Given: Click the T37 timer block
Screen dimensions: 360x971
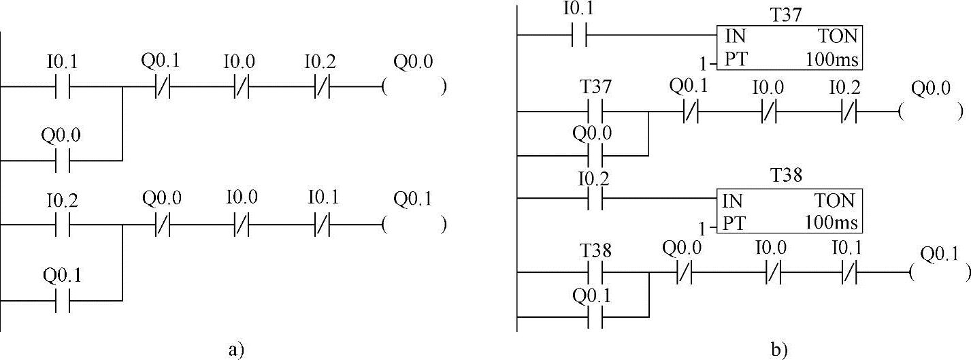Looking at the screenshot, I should click(x=789, y=48).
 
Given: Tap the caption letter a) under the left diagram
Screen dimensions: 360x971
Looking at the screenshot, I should click(x=235, y=350).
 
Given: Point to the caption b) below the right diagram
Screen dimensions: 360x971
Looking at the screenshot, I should click(x=780, y=350).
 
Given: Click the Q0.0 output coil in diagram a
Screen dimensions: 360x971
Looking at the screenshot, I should click(x=414, y=88).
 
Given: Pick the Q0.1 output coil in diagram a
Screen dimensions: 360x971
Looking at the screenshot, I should click(x=414, y=224).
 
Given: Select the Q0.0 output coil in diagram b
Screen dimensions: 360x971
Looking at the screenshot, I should click(x=930, y=112).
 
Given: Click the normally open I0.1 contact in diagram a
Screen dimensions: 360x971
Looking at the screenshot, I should click(x=62, y=88).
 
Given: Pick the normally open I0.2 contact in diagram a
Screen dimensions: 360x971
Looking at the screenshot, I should click(x=62, y=224).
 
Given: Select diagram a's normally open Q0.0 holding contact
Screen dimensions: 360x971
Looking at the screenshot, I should click(x=62, y=161).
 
